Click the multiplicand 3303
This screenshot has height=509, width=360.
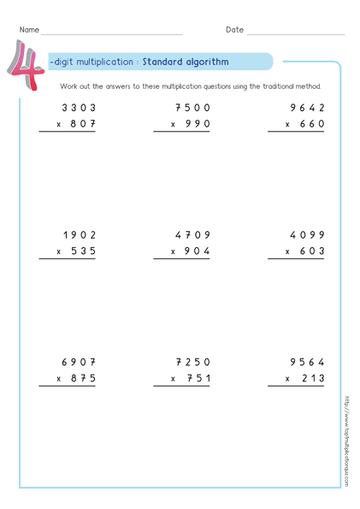[79, 108]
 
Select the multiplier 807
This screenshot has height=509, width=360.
[81, 125]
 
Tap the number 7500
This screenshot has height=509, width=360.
[192, 108]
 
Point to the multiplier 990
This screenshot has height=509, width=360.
[196, 125]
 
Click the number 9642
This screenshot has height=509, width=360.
[308, 108]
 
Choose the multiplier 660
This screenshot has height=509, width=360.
[311, 125]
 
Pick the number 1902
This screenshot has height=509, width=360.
[79, 234]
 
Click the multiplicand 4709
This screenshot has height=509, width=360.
[192, 234]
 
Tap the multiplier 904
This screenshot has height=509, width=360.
[196, 252]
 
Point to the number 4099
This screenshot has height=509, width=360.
[308, 234]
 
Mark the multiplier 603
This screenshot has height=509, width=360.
[311, 252]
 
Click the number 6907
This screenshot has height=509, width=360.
[79, 361]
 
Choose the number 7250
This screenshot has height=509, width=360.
[192, 361]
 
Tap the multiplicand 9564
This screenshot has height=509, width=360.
[308, 361]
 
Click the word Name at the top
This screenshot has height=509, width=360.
[29, 30]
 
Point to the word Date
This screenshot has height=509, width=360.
[234, 30]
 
